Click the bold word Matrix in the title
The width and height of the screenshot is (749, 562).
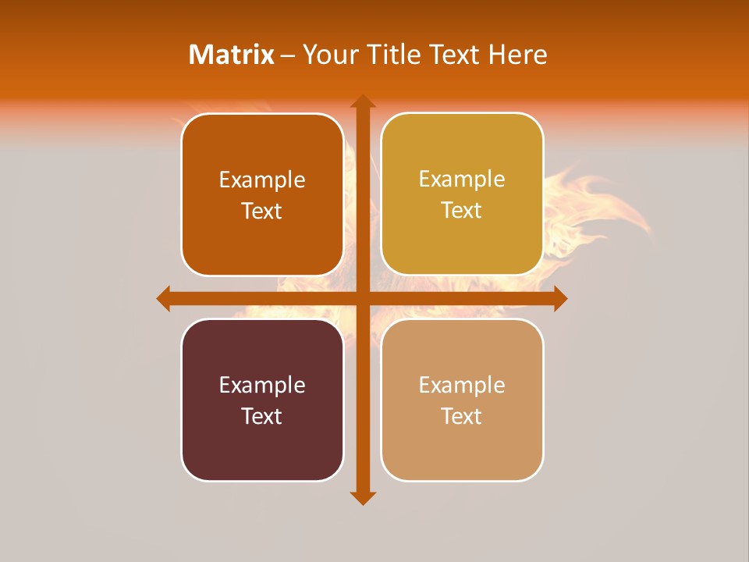click(232, 55)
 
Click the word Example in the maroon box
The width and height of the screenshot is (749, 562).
click(262, 385)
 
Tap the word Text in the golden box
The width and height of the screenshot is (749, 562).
click(462, 211)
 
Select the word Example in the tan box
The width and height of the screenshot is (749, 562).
click(462, 385)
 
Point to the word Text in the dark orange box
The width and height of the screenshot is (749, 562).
click(262, 212)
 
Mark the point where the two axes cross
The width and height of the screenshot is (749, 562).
click(362, 298)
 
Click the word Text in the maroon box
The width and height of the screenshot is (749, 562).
click(262, 416)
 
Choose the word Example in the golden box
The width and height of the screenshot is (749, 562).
click(462, 180)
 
